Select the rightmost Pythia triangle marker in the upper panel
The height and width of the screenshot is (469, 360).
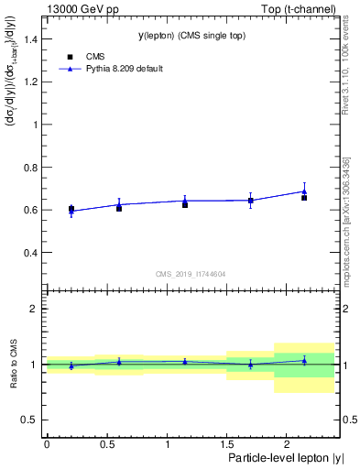(x=304, y=191)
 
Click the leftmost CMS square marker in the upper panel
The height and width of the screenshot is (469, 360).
(x=71, y=209)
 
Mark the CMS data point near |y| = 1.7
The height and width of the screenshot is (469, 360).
(x=250, y=201)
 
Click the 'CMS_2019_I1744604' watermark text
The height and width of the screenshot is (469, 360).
(x=191, y=273)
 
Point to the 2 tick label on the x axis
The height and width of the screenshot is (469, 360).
(x=286, y=443)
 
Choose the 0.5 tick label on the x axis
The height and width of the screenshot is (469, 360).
(x=106, y=443)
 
